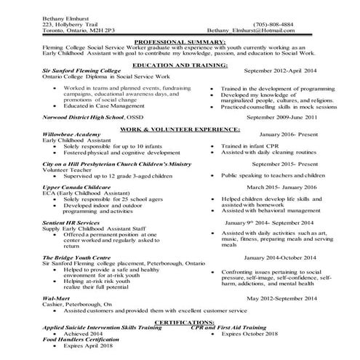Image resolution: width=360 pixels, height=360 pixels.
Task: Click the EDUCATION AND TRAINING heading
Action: pos(180,65)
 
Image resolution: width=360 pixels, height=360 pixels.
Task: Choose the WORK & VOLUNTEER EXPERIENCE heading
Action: pos(180,128)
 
